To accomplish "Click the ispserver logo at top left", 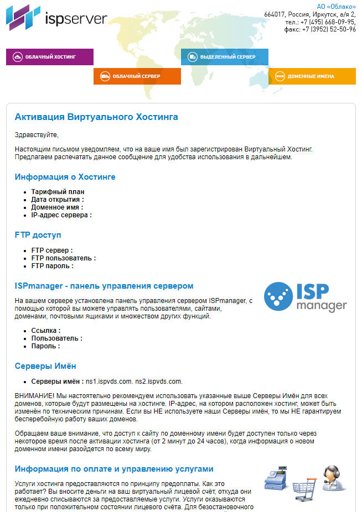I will point(56,18).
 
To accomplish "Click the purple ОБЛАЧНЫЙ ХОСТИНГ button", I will point(50,57).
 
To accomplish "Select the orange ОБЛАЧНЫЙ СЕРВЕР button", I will point(137,76).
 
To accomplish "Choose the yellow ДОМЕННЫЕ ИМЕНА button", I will point(312,76).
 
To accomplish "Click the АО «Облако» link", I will point(336,7).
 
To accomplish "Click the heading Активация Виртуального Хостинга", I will point(96,117).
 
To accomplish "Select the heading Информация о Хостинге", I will point(65,177).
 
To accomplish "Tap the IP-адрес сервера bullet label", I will point(61,215).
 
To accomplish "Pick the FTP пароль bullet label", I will point(52,265).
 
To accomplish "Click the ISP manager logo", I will point(305,297).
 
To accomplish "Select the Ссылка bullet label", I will point(45,330).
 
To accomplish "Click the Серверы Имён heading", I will point(45,367).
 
